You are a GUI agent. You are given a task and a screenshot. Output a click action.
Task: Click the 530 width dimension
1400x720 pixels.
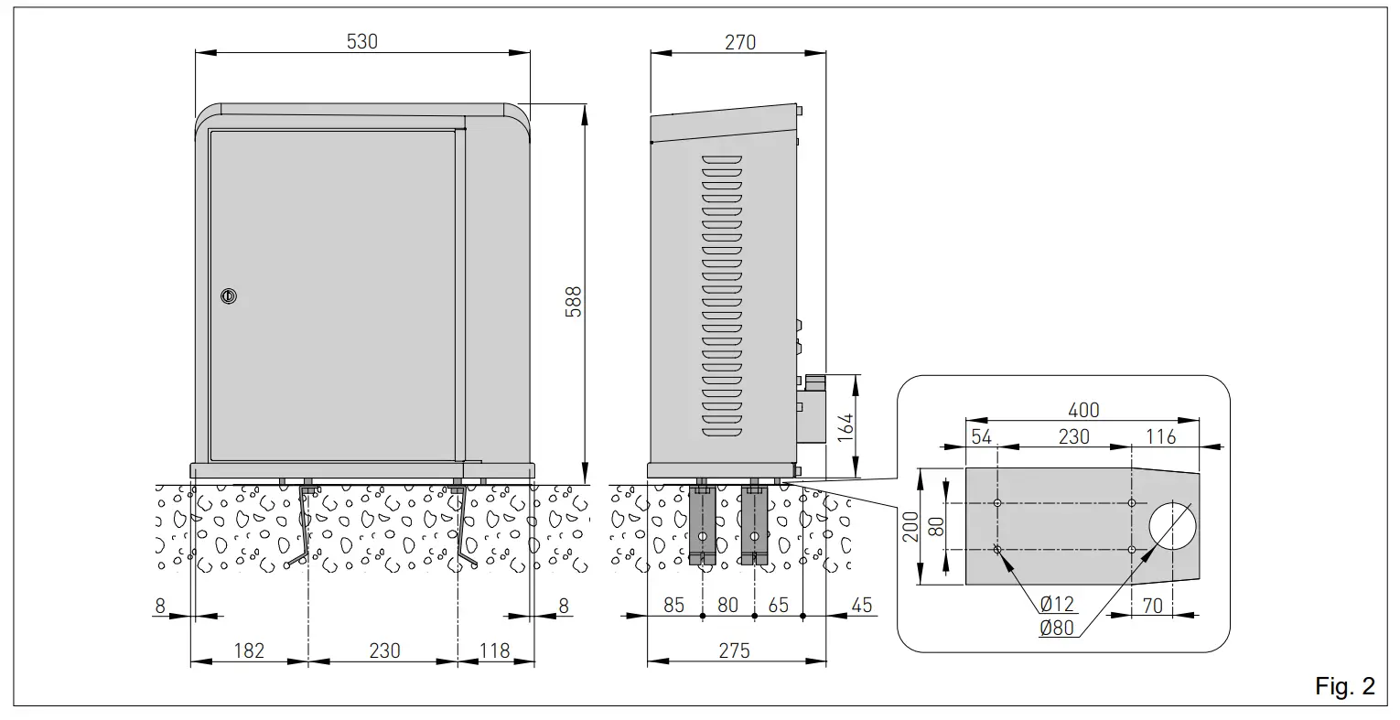tap(361, 41)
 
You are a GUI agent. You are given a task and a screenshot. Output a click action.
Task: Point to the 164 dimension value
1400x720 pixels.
tap(846, 427)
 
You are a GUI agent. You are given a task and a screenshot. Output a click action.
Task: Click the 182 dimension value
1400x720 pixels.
tap(249, 650)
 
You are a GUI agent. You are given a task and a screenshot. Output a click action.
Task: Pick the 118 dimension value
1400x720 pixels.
tap(494, 650)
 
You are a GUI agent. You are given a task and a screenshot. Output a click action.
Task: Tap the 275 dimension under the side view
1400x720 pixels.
tap(734, 650)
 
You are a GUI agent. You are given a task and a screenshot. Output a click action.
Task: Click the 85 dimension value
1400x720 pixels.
tap(674, 605)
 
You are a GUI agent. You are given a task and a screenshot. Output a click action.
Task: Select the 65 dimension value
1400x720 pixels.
tap(779, 605)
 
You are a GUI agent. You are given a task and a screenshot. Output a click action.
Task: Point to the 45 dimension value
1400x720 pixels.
tap(862, 605)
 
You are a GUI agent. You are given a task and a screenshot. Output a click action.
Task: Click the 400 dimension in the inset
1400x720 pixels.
tap(1082, 410)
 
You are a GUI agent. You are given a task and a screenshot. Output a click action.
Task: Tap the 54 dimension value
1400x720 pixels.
tap(981, 436)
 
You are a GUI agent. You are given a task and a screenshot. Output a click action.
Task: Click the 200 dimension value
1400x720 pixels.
tap(911, 526)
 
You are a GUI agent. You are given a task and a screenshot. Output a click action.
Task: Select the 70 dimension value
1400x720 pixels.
tap(1153, 605)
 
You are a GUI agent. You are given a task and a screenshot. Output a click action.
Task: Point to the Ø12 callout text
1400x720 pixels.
tap(1057, 605)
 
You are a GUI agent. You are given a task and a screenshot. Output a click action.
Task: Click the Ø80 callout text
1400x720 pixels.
tap(1057, 628)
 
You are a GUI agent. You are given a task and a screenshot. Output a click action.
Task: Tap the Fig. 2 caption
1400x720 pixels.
tap(1344, 687)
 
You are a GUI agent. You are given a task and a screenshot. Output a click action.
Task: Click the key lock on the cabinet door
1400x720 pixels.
tap(228, 296)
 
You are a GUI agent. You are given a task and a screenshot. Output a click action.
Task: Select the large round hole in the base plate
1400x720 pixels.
tap(1172, 526)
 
